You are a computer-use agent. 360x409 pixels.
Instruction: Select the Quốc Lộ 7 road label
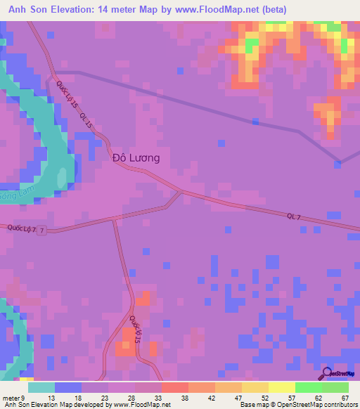coord(21,228)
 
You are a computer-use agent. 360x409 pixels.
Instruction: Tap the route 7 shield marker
coord(42,230)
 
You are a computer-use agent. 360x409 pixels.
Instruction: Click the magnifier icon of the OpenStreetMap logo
coord(327,375)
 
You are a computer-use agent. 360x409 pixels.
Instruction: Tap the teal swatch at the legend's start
coord(41,387)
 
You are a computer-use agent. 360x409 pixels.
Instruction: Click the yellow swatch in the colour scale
coord(281,387)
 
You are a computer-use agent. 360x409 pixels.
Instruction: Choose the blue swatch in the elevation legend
coord(68,387)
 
